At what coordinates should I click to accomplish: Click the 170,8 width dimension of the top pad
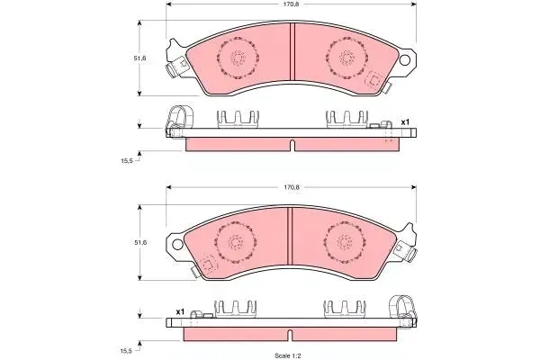pos(291,4)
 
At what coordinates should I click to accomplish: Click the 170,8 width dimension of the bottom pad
pos(291,187)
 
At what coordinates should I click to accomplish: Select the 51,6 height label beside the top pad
pos(140,58)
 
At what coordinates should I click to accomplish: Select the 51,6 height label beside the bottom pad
pos(140,242)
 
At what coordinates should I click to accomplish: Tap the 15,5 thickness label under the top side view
pos(127,160)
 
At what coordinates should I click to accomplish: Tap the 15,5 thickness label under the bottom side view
pos(126,351)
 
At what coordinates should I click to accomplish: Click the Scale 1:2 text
pos(288,355)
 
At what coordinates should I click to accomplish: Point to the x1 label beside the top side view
pos(405,122)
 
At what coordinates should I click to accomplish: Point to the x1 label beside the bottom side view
pos(180,311)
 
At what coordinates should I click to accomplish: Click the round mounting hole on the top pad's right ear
pos(405,60)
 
